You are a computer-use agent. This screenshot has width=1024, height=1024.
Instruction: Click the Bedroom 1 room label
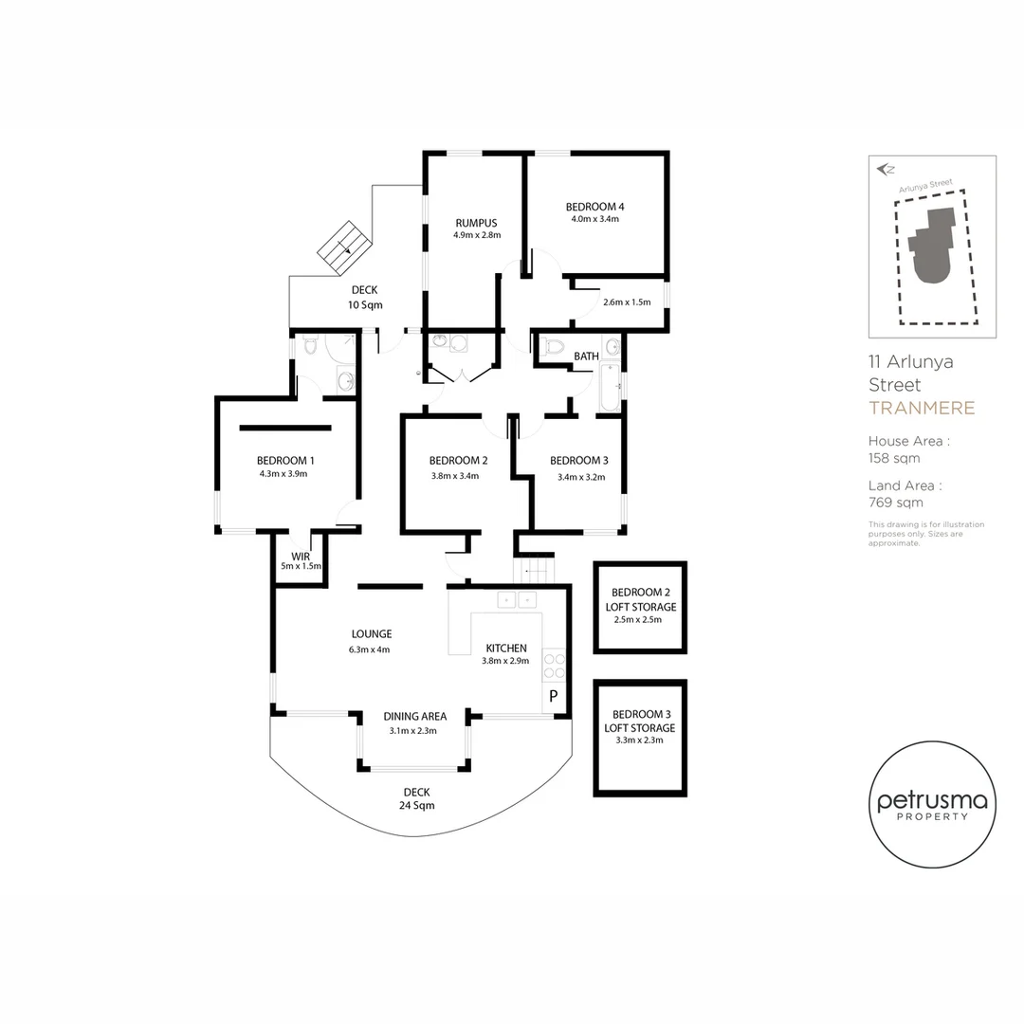[x=285, y=461]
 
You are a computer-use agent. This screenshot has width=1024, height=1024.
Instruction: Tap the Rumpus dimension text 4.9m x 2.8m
[x=477, y=235]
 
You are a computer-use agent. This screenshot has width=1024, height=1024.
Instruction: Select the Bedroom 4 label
[x=594, y=207]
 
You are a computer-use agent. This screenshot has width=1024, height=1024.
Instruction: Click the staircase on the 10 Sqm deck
[x=345, y=247]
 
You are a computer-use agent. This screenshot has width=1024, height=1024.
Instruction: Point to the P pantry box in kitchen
[x=553, y=696]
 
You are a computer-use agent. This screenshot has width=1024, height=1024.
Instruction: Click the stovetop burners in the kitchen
[x=555, y=667]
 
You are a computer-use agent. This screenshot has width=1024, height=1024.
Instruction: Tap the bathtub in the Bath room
[x=610, y=387]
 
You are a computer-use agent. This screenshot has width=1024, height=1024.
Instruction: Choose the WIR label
[x=301, y=557]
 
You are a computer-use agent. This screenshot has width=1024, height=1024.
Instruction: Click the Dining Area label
[x=414, y=717]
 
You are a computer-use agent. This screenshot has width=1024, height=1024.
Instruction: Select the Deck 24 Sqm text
[x=416, y=798]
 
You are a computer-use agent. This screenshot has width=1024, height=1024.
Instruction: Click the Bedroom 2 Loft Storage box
[x=640, y=608]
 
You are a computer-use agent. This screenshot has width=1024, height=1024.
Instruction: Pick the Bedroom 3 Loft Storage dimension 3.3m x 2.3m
[x=639, y=740]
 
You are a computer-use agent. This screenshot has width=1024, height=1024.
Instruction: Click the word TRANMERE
[x=922, y=408]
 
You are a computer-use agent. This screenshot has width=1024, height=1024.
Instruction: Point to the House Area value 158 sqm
[x=894, y=459]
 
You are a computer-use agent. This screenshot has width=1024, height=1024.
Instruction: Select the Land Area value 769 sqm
[x=895, y=503]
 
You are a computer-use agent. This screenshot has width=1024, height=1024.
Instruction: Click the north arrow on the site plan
[x=886, y=170]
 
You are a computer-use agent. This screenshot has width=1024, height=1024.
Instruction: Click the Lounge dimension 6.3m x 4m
[x=369, y=649]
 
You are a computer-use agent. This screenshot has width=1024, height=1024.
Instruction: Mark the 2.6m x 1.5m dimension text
[x=627, y=302]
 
